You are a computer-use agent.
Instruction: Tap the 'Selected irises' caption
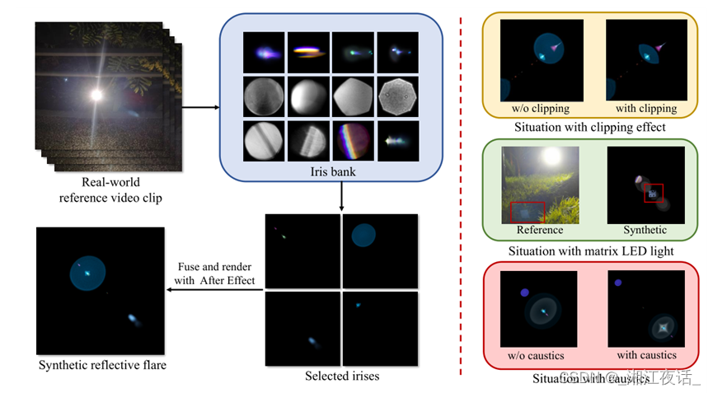tap(342, 377)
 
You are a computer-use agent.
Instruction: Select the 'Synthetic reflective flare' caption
tap(102, 364)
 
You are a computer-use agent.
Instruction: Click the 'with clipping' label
tap(646, 108)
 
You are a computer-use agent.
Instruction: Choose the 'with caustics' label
tap(646, 355)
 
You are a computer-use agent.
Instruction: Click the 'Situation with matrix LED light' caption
tap(590, 250)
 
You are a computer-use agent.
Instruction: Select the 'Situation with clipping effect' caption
tap(589, 128)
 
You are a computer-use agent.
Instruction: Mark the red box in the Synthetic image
tap(654, 193)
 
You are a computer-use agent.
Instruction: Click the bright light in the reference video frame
tap(96, 95)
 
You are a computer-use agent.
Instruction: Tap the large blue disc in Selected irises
tap(364, 236)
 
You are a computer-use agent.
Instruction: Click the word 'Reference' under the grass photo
tap(540, 230)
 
